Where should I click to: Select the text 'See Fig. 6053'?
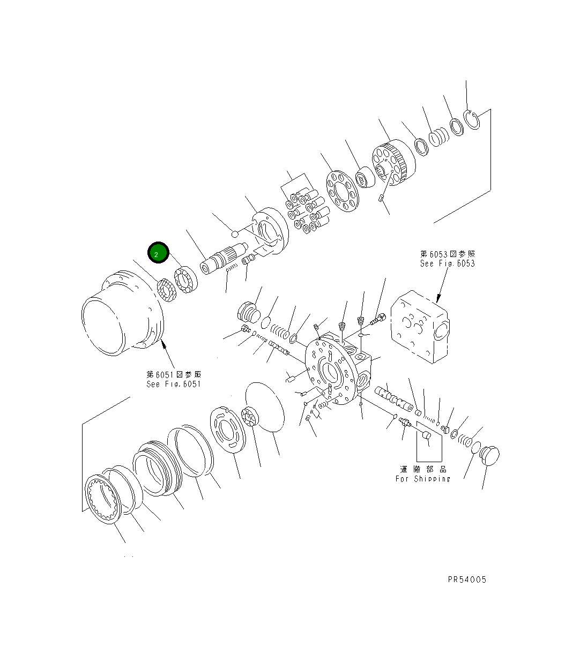447,263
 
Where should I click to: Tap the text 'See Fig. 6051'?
173,384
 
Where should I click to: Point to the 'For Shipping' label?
422,479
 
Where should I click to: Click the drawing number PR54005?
467,579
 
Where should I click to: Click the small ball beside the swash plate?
234,233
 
